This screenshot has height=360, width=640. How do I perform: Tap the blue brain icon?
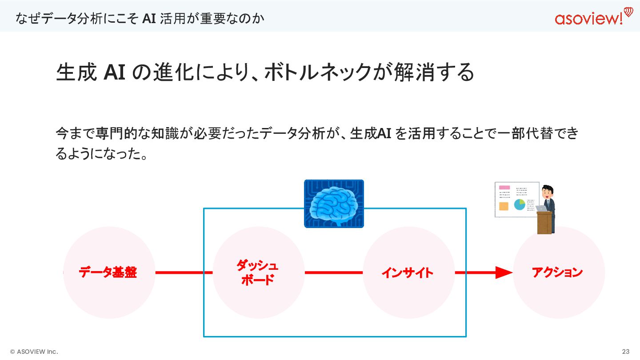tap(334, 204)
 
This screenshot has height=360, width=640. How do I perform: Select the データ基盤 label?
tap(108, 272)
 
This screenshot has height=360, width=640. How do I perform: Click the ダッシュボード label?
tap(257, 273)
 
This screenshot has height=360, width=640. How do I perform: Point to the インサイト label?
tap(407, 272)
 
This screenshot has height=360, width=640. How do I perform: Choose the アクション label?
tap(557, 272)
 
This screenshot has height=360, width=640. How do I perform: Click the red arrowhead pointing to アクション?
tap(504, 272)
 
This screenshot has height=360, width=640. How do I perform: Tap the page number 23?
tap(626, 352)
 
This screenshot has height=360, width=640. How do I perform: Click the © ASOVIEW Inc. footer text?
tap(34, 352)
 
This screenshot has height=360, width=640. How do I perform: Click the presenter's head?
tap(548, 192)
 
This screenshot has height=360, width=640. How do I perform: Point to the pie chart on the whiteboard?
tap(519, 204)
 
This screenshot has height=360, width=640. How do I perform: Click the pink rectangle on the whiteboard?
tap(504, 188)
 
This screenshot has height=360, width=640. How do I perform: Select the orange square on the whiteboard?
tap(504, 206)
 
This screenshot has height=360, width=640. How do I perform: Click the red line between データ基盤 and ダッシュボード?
tap(184, 272)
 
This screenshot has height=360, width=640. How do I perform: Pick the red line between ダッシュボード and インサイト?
tap(333, 272)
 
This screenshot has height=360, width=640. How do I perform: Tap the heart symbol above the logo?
tap(628, 11)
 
